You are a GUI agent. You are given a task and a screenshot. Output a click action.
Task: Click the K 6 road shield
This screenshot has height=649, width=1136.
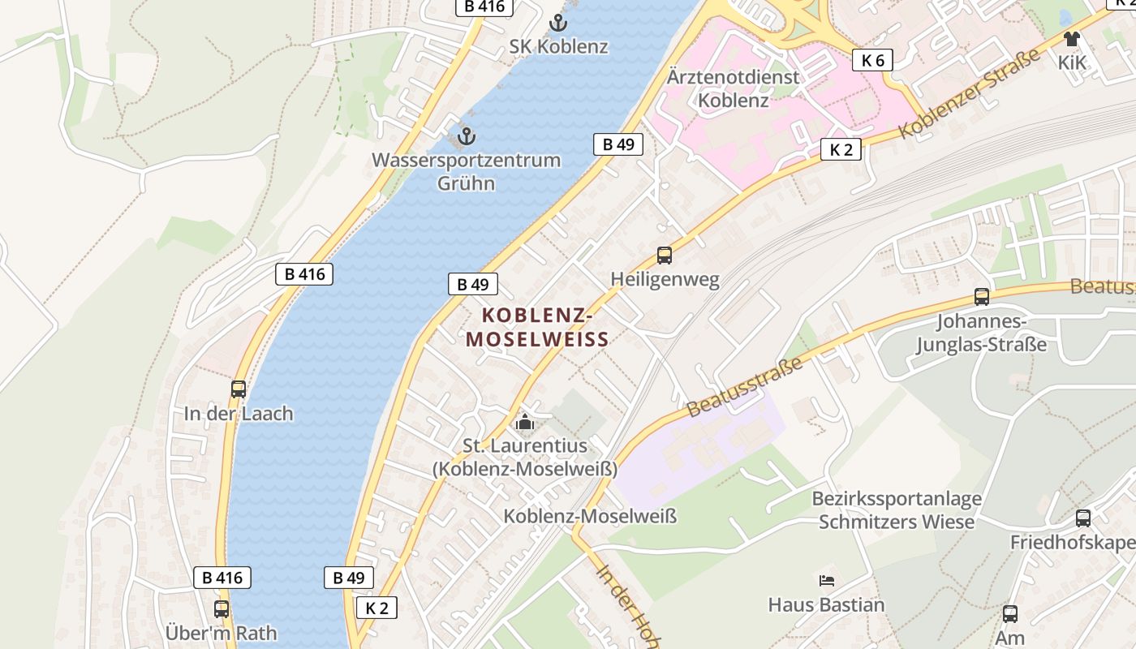click(x=873, y=59)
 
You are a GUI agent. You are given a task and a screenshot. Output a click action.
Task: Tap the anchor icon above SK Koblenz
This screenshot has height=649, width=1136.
click(x=557, y=23)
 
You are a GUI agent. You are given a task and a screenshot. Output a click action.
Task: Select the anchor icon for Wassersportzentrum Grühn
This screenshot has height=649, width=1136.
click(x=466, y=135)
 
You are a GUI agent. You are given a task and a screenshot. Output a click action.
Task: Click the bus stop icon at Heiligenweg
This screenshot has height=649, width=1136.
click(x=665, y=256)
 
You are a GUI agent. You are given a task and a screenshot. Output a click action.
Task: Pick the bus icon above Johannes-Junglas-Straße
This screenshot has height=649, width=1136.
click(x=982, y=297)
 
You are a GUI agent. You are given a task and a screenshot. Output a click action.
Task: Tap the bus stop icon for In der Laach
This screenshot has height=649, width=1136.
click(x=239, y=389)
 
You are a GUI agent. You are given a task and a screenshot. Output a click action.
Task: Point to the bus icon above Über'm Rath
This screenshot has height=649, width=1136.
click(x=222, y=609)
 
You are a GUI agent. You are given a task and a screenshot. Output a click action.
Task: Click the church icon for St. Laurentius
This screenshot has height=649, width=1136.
click(x=525, y=423)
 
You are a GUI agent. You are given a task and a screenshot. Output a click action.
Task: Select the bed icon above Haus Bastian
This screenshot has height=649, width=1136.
click(x=826, y=580)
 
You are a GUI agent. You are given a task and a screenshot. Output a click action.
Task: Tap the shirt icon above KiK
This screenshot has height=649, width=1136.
click(x=1072, y=38)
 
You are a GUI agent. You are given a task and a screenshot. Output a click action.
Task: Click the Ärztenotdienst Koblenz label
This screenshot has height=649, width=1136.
click(x=733, y=88)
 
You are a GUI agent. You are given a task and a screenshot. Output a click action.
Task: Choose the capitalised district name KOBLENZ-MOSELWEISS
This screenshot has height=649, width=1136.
click(x=537, y=327)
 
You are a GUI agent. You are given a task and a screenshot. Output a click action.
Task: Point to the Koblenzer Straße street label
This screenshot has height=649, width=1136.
click(x=970, y=93)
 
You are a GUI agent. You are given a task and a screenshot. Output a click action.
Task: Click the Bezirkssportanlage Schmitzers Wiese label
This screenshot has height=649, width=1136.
click(x=897, y=509)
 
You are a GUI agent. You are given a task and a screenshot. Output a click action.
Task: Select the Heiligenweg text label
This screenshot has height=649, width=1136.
click(x=665, y=280)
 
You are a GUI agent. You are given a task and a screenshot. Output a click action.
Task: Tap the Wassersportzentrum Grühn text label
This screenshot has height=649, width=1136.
click(x=466, y=171)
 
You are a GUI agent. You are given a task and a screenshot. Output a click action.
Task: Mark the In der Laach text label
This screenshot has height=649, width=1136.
click(x=239, y=413)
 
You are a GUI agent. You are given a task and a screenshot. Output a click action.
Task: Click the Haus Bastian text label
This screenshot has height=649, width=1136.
click(x=826, y=604)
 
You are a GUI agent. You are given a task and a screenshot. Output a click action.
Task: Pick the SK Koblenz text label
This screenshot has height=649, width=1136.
click(x=558, y=46)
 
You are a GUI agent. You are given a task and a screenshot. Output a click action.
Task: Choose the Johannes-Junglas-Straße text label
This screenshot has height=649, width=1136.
click(x=981, y=333)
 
